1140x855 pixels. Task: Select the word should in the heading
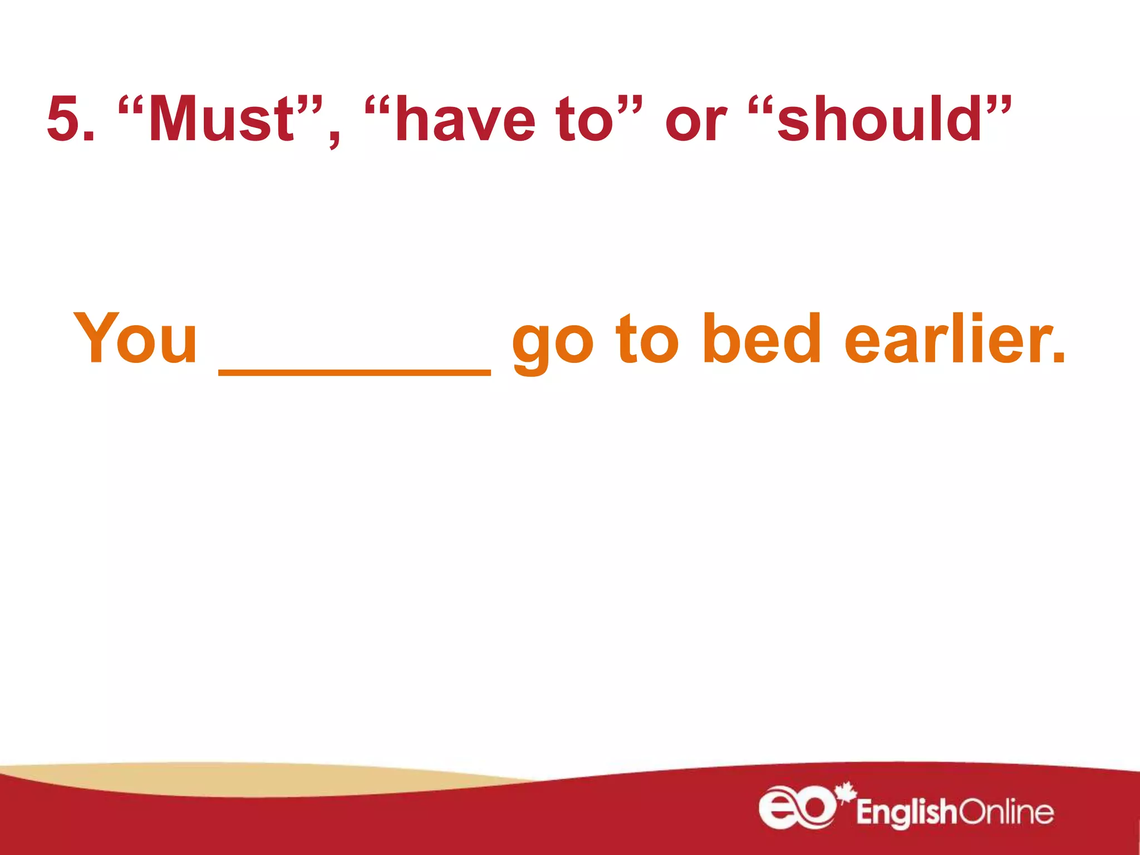pyautogui.click(x=879, y=119)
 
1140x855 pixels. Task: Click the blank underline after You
pyautogui.click(x=355, y=372)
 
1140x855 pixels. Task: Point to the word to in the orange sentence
pyautogui.click(x=647, y=340)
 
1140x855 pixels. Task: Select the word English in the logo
pyautogui.click(x=906, y=813)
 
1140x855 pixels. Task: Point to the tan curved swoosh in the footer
pyautogui.click(x=250, y=779)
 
